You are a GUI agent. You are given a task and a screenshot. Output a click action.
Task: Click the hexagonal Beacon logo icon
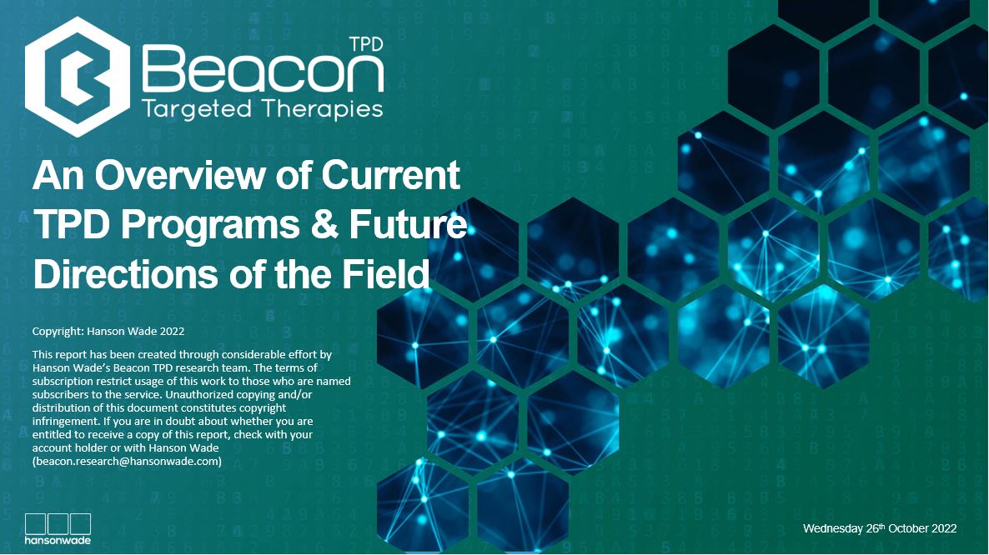point(78,77)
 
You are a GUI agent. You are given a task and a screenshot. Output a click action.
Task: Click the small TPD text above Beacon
point(366,44)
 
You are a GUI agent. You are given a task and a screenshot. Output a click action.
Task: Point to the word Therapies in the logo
point(323,109)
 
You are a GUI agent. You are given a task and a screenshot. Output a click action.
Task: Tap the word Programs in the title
point(209,225)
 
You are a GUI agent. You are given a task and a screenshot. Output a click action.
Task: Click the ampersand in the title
point(324,225)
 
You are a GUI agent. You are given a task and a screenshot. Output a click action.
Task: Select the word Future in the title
point(408,225)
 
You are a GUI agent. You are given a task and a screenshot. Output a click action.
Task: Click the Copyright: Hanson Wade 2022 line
point(108,331)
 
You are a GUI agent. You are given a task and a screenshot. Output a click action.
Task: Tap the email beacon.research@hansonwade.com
point(127,461)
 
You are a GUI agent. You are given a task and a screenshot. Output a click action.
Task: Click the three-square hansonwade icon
point(58,524)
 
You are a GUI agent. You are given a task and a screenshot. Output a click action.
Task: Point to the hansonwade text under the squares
point(58,540)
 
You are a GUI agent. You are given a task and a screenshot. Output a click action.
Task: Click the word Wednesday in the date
point(832,528)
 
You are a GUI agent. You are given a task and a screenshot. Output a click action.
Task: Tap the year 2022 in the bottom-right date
point(944,528)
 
